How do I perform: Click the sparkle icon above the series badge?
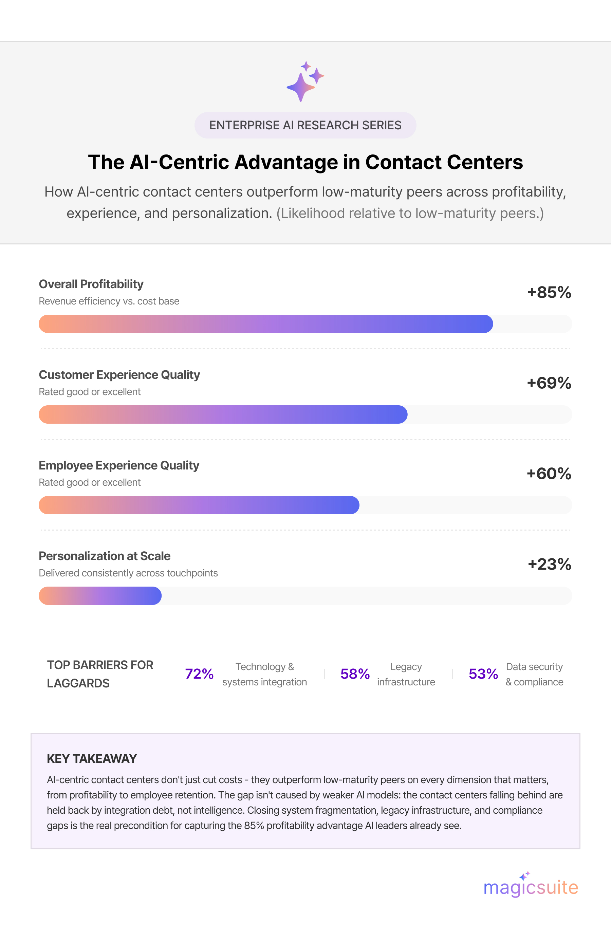coord(305,81)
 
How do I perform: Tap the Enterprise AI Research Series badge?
coord(305,125)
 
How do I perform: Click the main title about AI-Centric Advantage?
coord(305,162)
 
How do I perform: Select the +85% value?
coord(549,293)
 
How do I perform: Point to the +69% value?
coord(549,383)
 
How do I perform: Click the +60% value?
coord(549,474)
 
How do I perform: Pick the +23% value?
coord(549,564)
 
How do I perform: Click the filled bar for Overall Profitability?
coord(266,324)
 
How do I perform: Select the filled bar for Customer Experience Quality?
coord(223,414)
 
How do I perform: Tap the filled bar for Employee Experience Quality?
coord(199,505)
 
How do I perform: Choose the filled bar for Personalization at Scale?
coord(100,595)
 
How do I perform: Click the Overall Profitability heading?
coord(91,284)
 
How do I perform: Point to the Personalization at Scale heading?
coord(105,556)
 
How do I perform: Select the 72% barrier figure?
coord(199,674)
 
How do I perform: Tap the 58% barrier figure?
coord(355,674)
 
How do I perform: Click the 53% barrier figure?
coord(483,674)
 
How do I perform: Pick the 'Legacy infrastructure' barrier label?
coord(406,674)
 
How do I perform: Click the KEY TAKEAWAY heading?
coord(92,759)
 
